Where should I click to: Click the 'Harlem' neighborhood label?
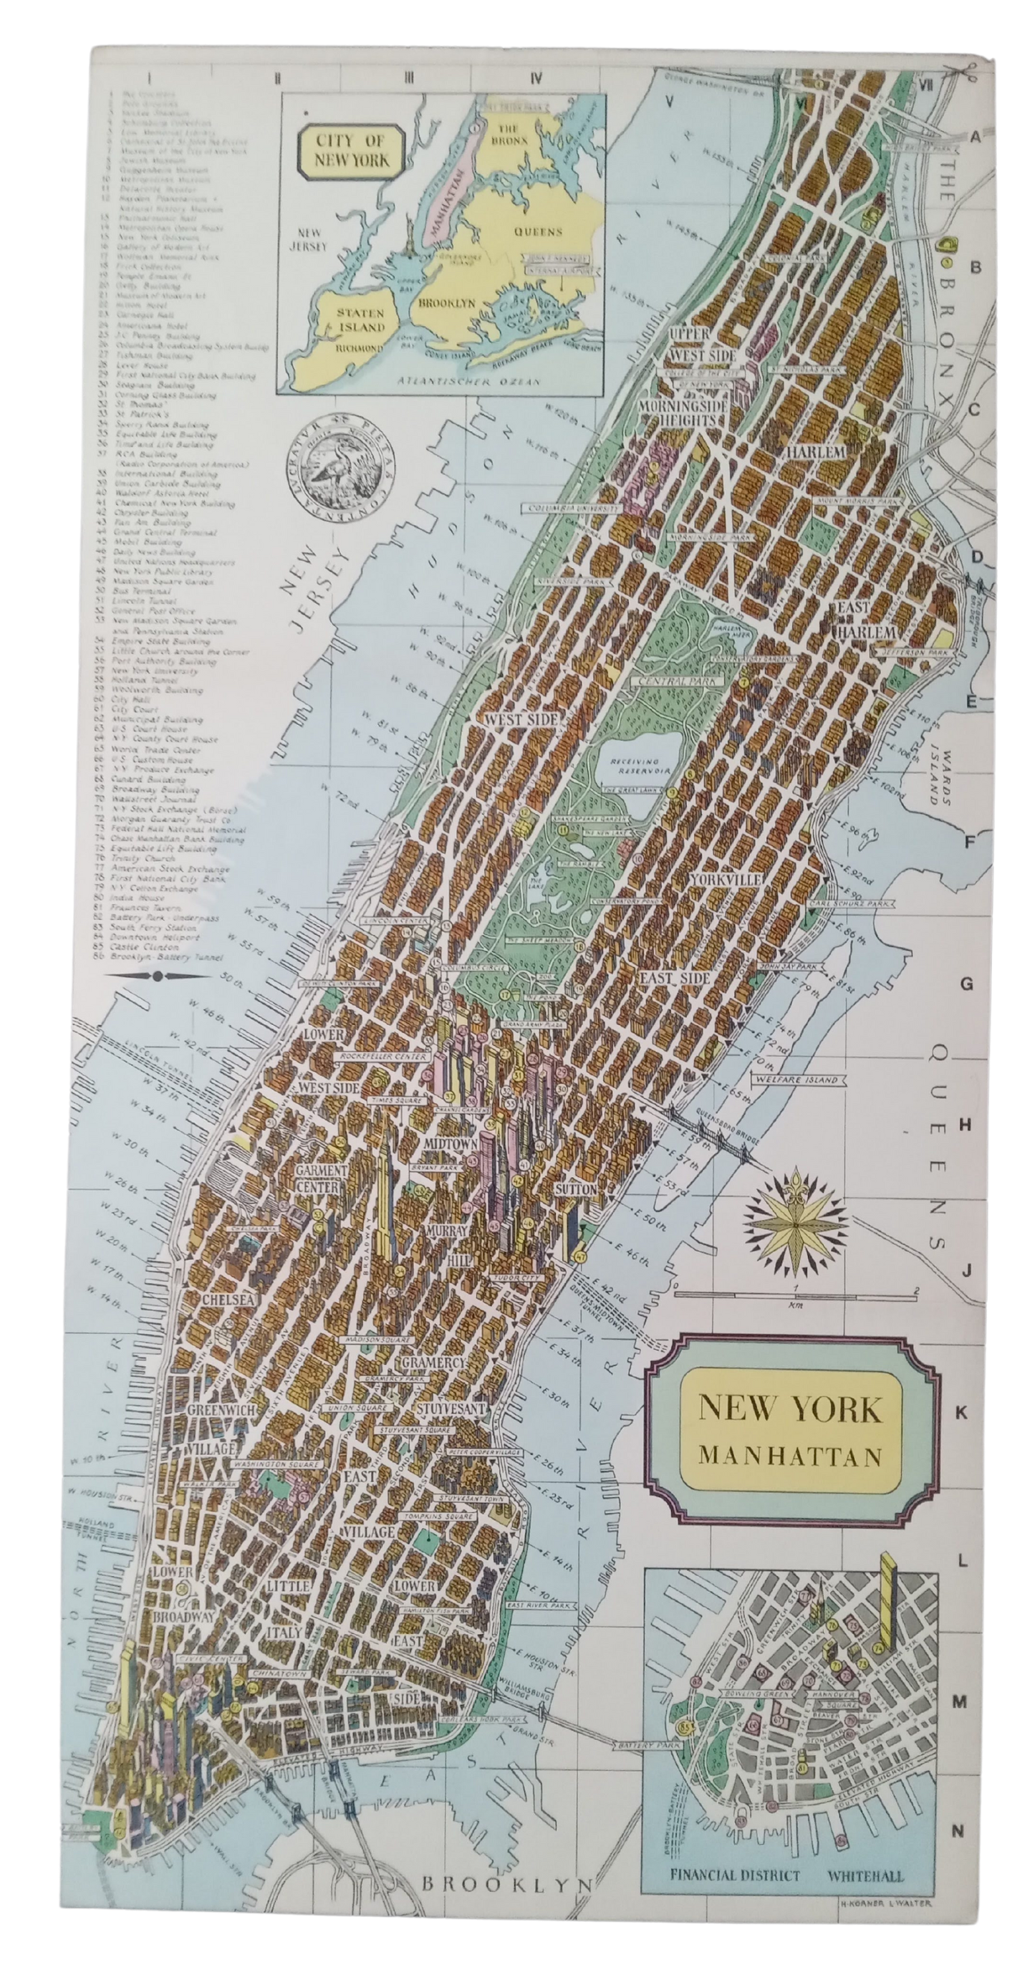pos(817,452)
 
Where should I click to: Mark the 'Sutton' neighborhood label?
pos(576,1190)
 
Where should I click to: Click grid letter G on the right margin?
pos(967,984)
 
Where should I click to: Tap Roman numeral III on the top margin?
pos(409,77)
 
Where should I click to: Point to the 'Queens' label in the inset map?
pos(537,231)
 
